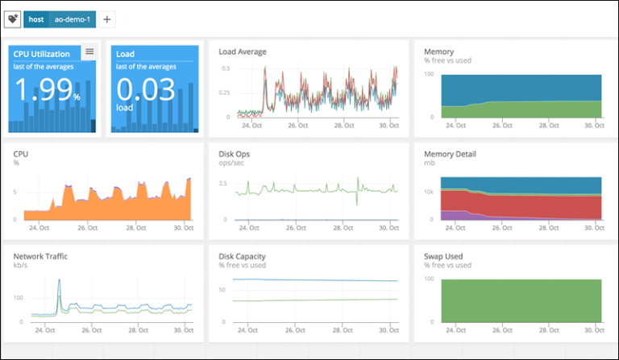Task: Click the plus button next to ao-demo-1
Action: coord(107,19)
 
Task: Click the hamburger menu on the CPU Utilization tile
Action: coord(89,52)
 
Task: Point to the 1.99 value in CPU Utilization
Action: coord(44,90)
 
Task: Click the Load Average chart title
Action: coord(243,52)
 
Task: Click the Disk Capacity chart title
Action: coord(243,257)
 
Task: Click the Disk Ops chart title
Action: coord(235,151)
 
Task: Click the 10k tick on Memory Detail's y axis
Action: coord(429,193)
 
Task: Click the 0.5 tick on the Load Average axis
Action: coord(226,68)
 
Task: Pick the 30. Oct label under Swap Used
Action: coord(595,330)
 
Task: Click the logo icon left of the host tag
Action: coord(13,19)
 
